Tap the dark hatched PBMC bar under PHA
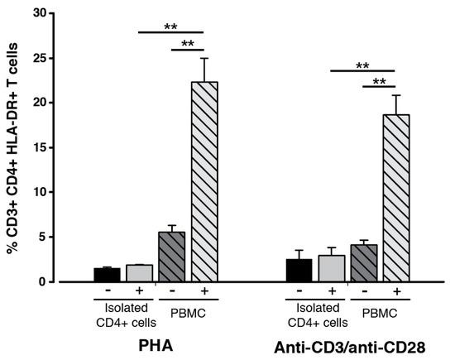tap(171, 257)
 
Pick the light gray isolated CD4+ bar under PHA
tap(139, 273)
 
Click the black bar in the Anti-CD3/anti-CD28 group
tap(299, 271)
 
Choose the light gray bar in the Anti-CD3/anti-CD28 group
tap(331, 269)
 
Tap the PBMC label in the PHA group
tap(188, 314)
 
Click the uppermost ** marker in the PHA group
tap(171, 26)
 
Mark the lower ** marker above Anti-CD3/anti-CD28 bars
tap(380, 81)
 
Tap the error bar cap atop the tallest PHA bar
tap(204, 58)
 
